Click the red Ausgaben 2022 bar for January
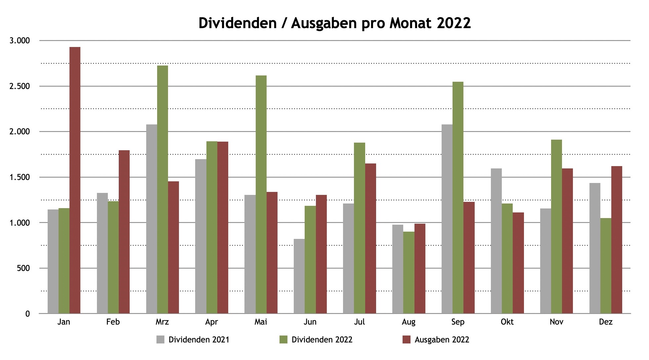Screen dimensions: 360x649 click(75, 180)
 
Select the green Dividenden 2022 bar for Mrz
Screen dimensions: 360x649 click(162, 189)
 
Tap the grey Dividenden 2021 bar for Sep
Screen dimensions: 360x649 click(447, 219)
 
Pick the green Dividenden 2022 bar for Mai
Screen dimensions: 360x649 click(261, 194)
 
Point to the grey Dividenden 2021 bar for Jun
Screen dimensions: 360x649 click(299, 276)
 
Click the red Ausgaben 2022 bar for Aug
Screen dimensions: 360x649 click(420, 268)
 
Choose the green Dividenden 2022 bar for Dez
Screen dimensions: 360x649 click(606, 266)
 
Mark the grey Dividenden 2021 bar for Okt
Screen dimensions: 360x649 click(496, 241)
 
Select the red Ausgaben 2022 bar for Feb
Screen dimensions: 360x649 click(124, 232)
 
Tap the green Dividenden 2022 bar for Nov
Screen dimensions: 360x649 click(556, 226)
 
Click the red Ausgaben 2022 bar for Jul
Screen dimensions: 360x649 click(370, 238)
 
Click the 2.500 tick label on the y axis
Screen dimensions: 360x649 click(20, 86)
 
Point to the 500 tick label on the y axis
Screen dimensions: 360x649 click(23, 268)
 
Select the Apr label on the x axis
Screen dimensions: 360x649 click(211, 322)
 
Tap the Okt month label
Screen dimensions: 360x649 click(507, 322)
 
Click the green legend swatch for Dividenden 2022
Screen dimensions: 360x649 click(283, 340)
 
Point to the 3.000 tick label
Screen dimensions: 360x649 click(20, 41)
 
